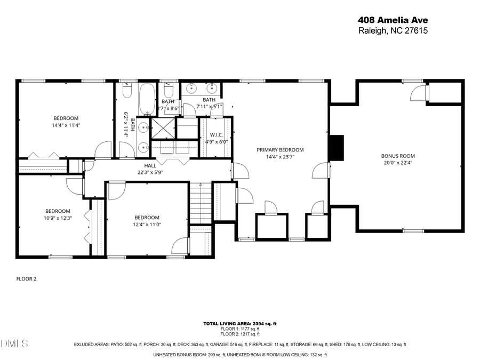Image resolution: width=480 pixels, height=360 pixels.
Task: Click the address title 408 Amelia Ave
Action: (x=393, y=20)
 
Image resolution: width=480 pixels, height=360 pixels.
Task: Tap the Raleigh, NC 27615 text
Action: (x=393, y=30)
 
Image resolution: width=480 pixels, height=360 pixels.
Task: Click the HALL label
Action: (x=150, y=165)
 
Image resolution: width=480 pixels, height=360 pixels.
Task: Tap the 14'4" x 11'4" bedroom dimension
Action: (x=66, y=125)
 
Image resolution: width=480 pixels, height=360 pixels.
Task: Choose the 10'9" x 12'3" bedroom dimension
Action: (x=58, y=218)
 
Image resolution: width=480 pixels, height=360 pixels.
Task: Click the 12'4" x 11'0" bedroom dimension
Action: (x=147, y=225)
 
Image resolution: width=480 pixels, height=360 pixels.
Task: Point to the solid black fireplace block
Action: (x=336, y=148)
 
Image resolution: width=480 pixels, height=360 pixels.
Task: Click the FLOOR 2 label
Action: (x=27, y=278)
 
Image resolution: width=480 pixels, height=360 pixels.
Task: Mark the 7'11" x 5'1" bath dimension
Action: (x=209, y=106)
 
